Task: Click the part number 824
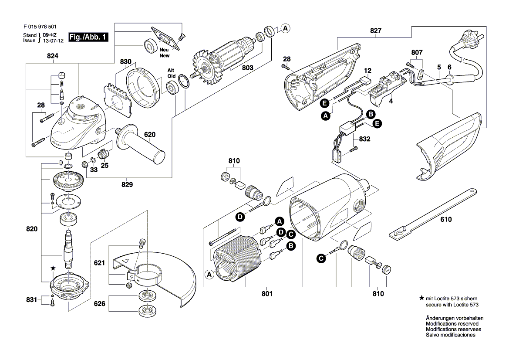(x=53, y=56)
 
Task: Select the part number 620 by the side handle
(x=149, y=135)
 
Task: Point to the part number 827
(x=376, y=31)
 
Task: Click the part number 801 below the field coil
(x=267, y=294)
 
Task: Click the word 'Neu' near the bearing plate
(x=164, y=50)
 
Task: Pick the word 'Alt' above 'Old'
(x=172, y=70)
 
